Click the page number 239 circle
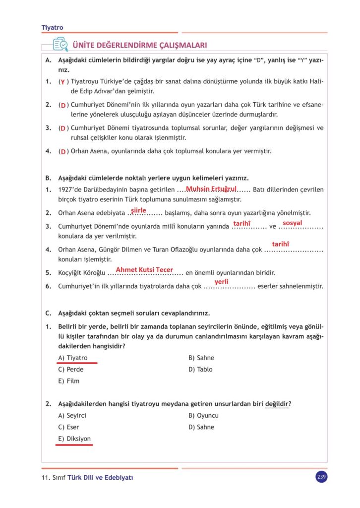pos(321,477)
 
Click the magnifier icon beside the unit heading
pos(60,45)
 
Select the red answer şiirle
pos(138,210)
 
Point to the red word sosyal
pos(292,223)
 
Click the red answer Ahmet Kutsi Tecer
pos(144,269)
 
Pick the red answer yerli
pos(221,282)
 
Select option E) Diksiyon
pos(74,439)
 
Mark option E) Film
pos(69,381)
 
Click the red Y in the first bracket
pos(62,81)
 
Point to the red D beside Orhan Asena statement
pos(63,151)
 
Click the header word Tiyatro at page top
pos(53,28)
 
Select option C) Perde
pos(71,369)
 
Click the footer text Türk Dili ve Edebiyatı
pos(101,478)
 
